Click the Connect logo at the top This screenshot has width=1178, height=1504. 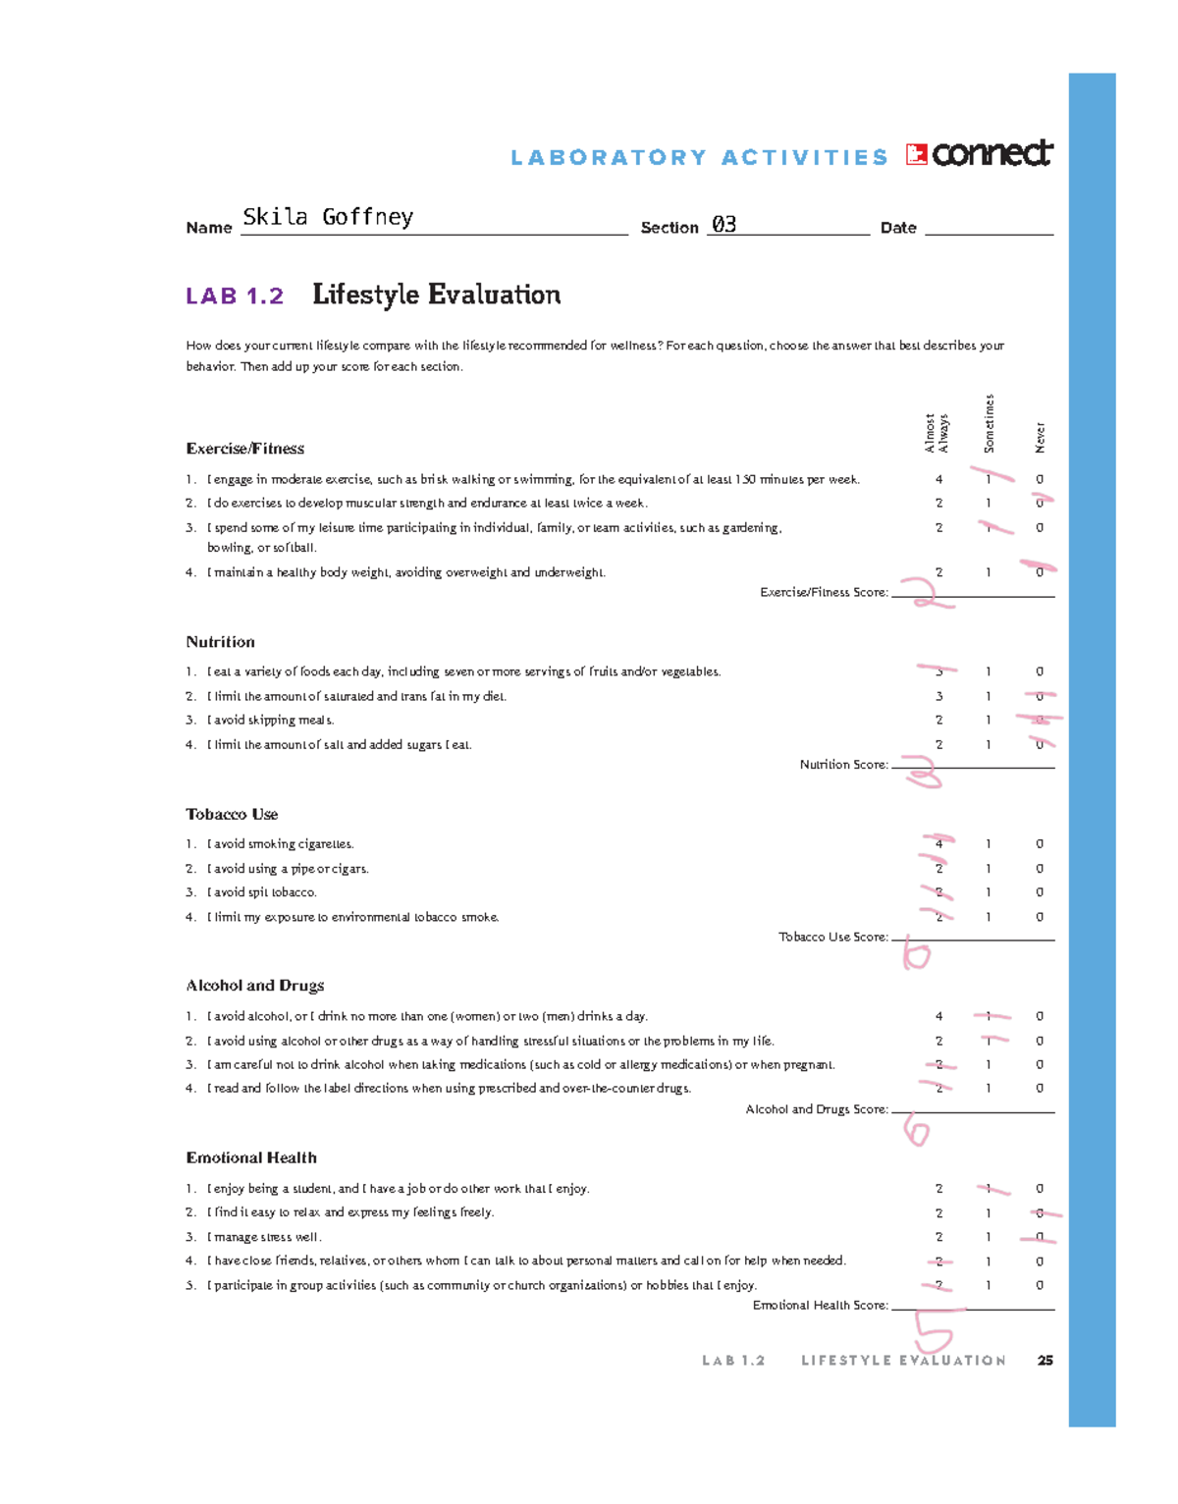coord(980,154)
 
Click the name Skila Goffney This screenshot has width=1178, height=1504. coord(328,217)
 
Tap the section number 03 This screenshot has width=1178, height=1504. coord(723,225)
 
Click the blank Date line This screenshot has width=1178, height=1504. coord(988,228)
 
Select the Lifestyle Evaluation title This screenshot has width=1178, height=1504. coord(436,295)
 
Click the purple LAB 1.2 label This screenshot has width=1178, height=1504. coord(235,295)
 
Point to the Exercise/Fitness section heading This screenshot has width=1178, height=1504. coord(245,449)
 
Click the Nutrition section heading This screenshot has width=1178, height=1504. coord(221,642)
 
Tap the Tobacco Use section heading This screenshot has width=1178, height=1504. coord(233,815)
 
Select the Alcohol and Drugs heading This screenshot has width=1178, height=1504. coord(255,986)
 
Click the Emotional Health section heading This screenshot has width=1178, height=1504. coord(251,1158)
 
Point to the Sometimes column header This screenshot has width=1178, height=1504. coord(990,424)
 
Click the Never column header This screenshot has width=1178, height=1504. coord(1040,438)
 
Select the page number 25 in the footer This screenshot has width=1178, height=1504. coord(1045,1361)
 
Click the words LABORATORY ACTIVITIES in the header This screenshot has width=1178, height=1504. coord(699,158)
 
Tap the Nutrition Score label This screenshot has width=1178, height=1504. coord(843,765)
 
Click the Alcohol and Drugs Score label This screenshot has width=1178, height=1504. coord(817,1109)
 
